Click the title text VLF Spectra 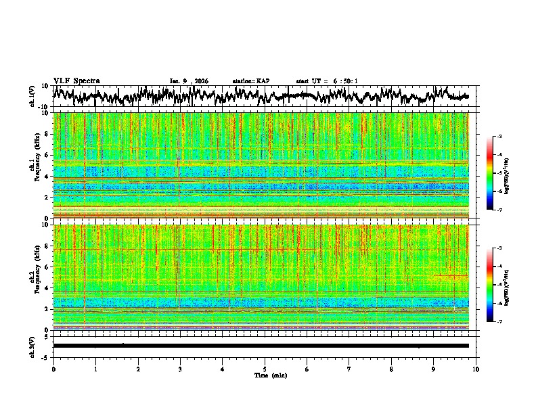click(x=76, y=80)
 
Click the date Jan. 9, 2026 click(x=189, y=81)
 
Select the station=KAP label click(x=250, y=81)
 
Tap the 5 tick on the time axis click(x=265, y=369)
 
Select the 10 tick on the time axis click(x=476, y=369)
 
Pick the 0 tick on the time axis click(x=53, y=369)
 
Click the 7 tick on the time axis click(x=349, y=369)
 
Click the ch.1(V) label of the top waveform click(x=33, y=96)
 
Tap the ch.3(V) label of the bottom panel click(x=33, y=345)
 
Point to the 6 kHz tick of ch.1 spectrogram click(x=47, y=155)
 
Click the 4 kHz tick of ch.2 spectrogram click(x=47, y=288)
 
